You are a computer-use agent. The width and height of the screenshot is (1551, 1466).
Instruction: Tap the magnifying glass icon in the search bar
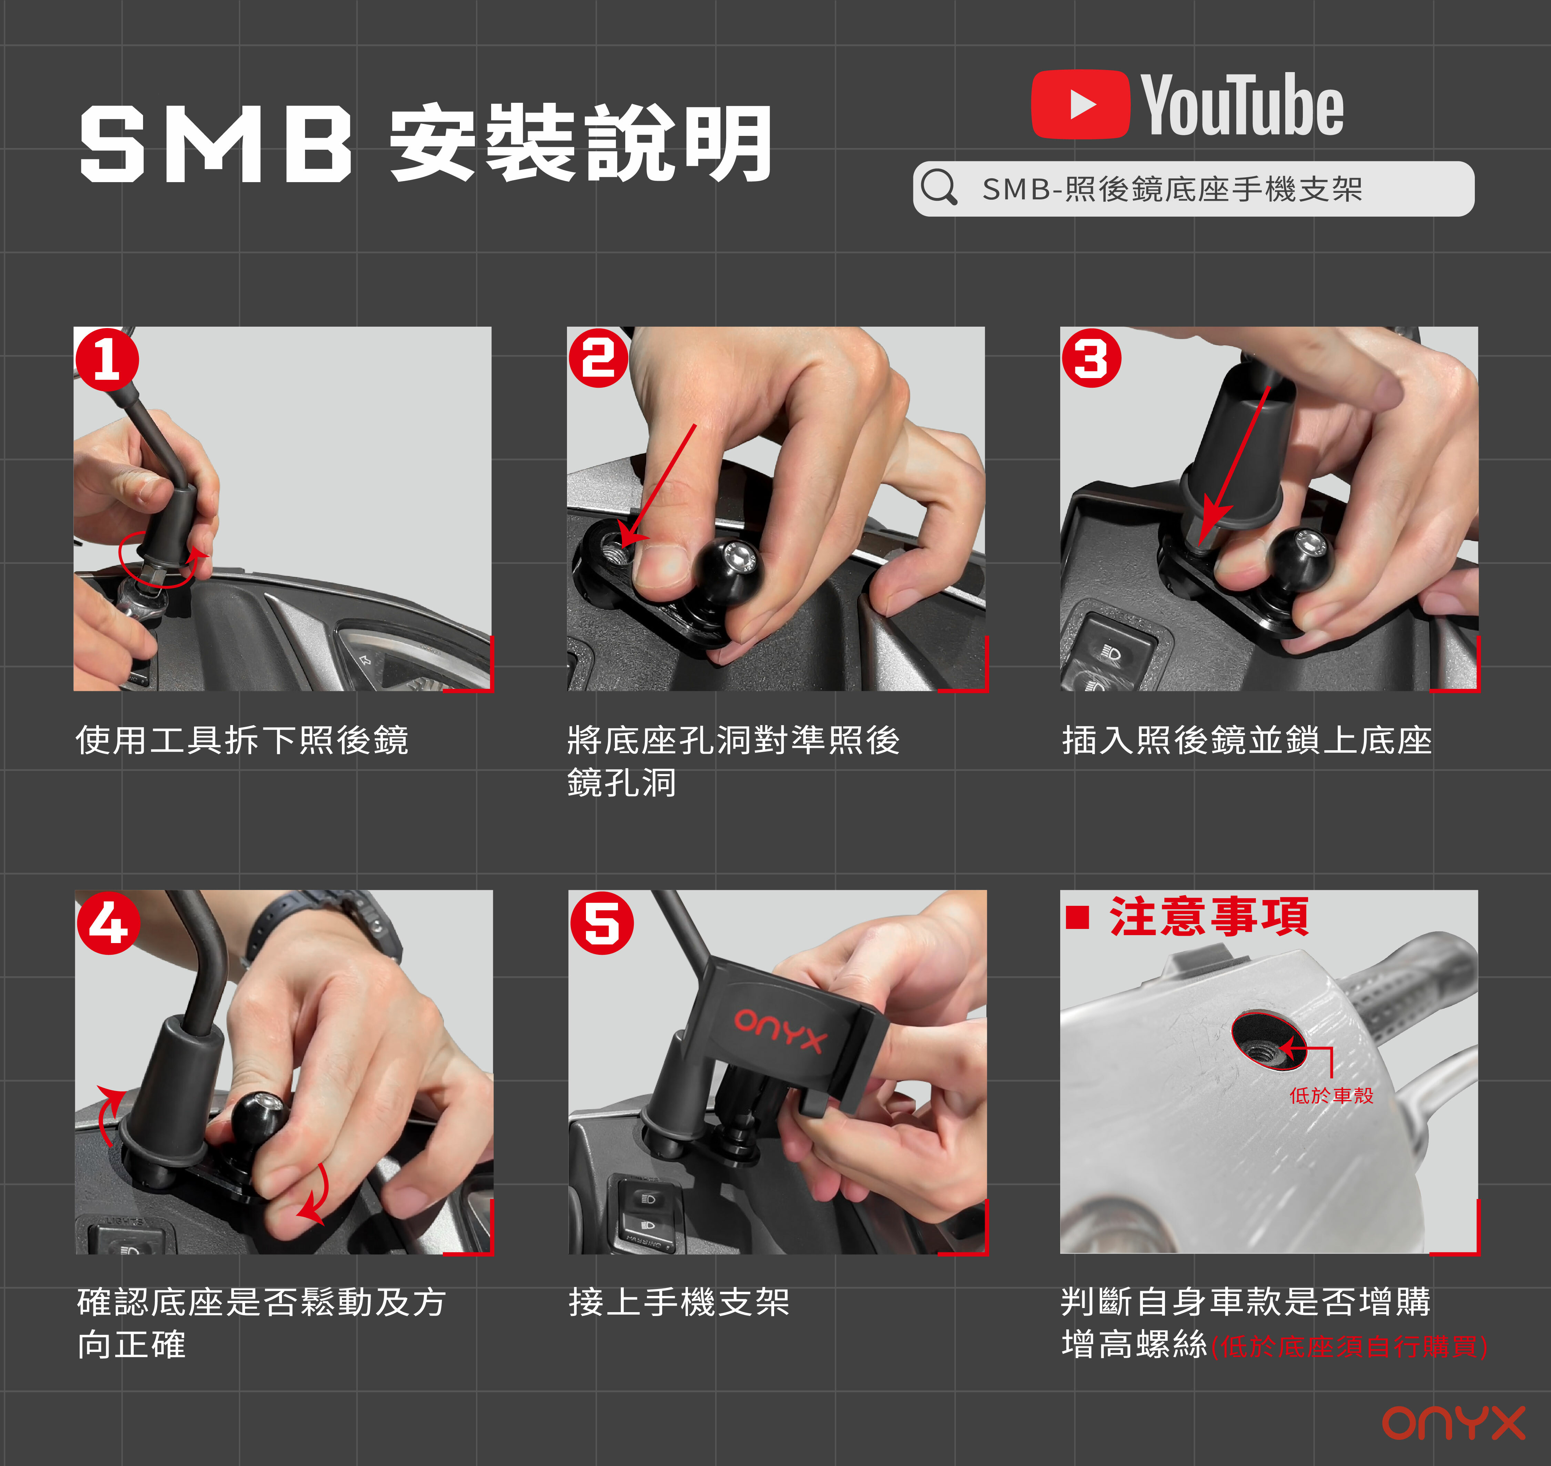point(939,188)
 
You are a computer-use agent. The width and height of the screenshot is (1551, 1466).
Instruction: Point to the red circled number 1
point(107,359)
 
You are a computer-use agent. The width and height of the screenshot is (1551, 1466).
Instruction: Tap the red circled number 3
point(1091,359)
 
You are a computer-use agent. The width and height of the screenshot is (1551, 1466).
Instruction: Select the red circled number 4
point(109,923)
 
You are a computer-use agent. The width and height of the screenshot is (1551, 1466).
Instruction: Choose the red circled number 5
point(602,923)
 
